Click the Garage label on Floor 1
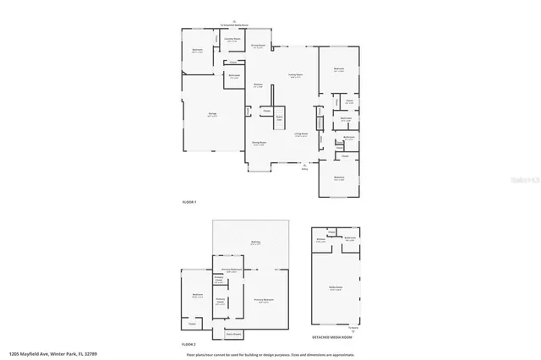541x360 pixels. pos(213,117)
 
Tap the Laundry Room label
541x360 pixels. pos(231,40)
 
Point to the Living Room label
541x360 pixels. pos(300,134)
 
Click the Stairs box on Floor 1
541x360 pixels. pos(279,118)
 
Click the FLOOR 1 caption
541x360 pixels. pos(189,203)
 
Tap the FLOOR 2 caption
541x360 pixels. pos(189,345)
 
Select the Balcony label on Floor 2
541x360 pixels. pos(255,243)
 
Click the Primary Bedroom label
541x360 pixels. pos(263,300)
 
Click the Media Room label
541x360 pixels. pos(336,287)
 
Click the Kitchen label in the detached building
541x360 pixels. pos(321,240)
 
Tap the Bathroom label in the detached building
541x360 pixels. pos(350,239)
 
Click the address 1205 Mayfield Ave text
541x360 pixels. pos(52,354)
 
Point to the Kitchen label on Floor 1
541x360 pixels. pos(258,85)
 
